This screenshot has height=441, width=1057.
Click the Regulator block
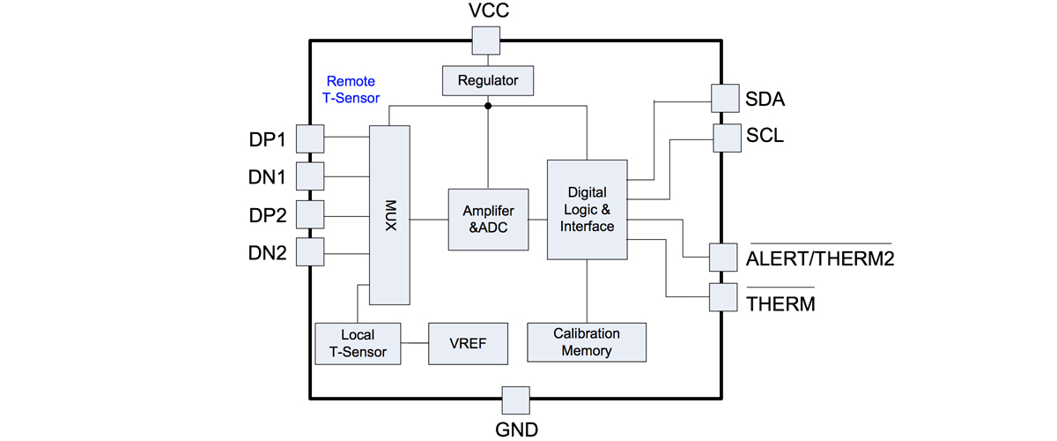point(488,81)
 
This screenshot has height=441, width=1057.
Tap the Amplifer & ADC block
point(488,220)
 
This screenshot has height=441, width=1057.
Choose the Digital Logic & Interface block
point(588,209)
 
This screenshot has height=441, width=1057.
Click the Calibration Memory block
point(587,342)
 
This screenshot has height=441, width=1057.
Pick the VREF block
point(468,343)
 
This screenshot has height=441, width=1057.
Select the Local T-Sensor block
point(358,343)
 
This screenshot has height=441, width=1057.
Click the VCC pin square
point(485,40)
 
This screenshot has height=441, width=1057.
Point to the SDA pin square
point(724,98)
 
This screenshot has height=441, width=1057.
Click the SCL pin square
point(727,137)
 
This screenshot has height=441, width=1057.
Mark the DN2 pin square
point(310,252)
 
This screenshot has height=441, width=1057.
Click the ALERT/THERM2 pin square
point(723,258)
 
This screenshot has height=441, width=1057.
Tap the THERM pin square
point(723,297)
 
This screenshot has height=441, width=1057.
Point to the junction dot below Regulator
point(488,106)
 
